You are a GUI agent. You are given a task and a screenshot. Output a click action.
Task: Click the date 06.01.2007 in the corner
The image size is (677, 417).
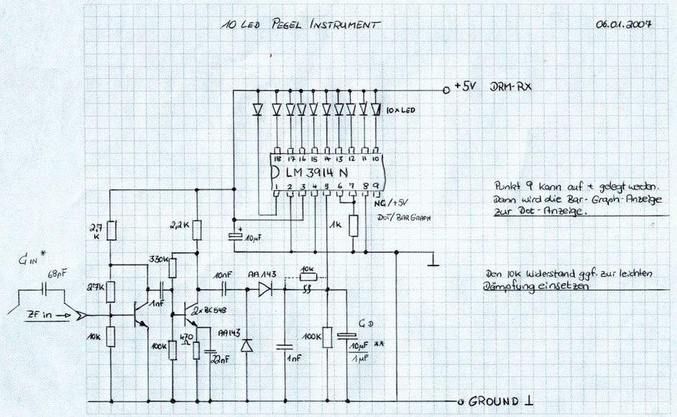(x=623, y=24)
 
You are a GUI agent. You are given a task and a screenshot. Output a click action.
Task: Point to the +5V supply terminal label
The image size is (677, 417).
(x=466, y=90)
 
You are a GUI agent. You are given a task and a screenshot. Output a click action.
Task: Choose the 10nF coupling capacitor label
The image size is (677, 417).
(x=224, y=275)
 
